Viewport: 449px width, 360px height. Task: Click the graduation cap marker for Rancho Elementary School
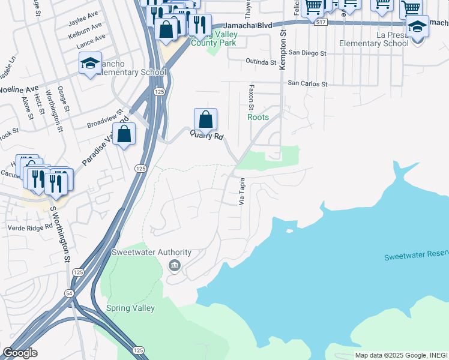point(90,63)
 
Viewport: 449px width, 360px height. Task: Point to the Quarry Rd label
point(207,136)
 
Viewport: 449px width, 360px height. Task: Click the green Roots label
point(258,118)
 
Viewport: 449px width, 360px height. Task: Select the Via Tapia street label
point(243,191)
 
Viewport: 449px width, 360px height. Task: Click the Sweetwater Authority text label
point(151,253)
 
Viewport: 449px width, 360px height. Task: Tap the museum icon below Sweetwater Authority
point(174,265)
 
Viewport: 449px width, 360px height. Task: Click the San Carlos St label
point(307,84)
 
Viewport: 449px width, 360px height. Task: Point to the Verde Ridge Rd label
point(30,227)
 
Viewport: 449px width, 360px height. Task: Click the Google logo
point(20,353)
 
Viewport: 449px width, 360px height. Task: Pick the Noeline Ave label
point(18,89)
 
